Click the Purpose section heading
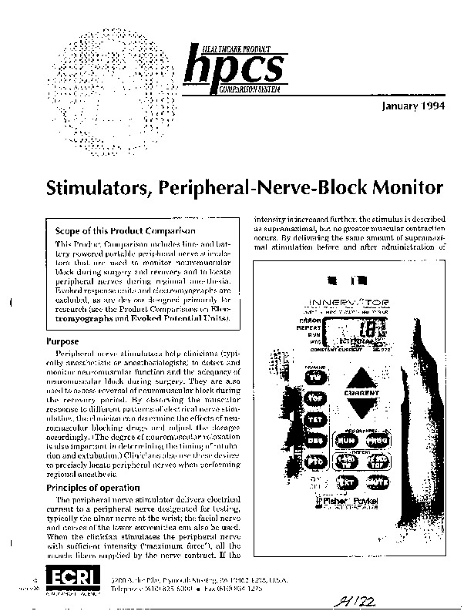point(64,340)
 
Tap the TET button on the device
point(314,420)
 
